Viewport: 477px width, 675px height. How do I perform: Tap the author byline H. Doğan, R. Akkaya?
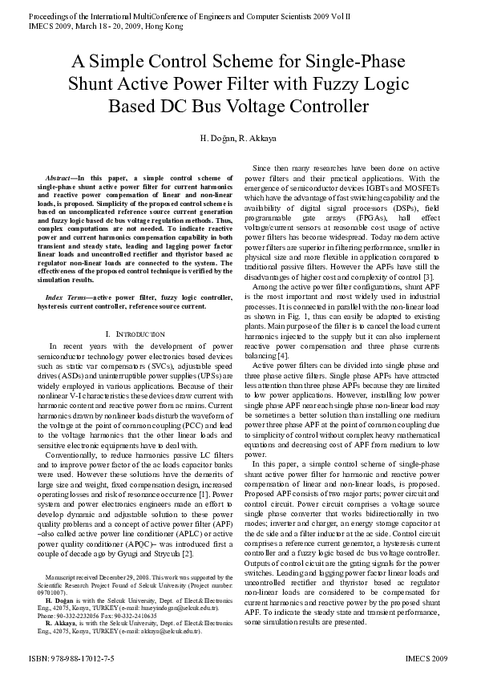click(x=238, y=139)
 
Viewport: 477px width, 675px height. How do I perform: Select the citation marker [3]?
click(x=430, y=277)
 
